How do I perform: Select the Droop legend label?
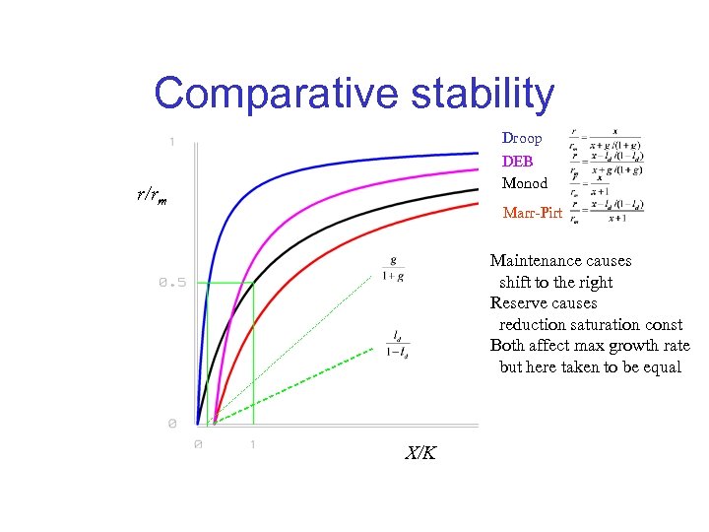tap(522, 139)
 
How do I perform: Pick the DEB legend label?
tap(517, 162)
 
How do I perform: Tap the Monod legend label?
tap(525, 183)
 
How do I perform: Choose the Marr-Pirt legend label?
tap(532, 212)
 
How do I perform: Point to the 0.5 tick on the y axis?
tap(172, 283)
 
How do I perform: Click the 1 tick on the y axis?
tap(172, 143)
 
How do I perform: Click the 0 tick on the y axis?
tap(172, 424)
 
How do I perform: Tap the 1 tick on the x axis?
tap(253, 444)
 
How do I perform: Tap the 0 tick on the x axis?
tap(198, 444)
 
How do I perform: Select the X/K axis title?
tap(420, 453)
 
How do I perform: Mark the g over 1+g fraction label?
tap(394, 268)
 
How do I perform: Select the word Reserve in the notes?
tap(518, 303)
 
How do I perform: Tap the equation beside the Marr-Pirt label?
tap(608, 211)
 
